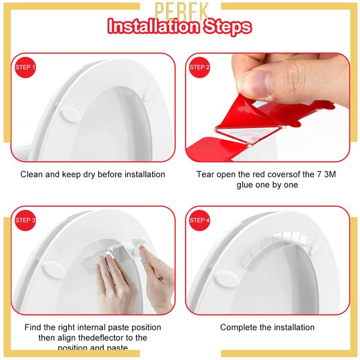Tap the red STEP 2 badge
pyautogui.click(x=200, y=67)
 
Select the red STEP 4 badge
pyautogui.click(x=200, y=220)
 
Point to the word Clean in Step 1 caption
pyautogui.click(x=31, y=174)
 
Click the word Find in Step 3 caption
pyautogui.click(x=33, y=327)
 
